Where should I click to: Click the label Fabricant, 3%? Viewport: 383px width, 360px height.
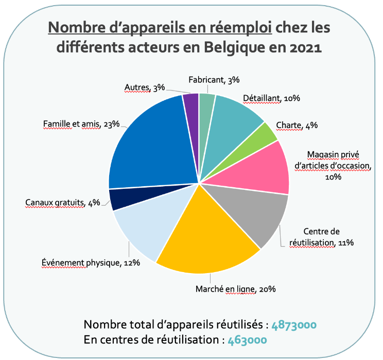(x=214, y=79)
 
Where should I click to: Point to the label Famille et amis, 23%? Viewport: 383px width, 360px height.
(x=81, y=123)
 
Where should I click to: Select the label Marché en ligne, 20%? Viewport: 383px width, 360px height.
(x=236, y=289)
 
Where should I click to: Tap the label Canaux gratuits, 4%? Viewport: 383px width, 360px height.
(x=62, y=202)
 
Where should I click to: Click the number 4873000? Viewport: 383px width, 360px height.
(x=294, y=325)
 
